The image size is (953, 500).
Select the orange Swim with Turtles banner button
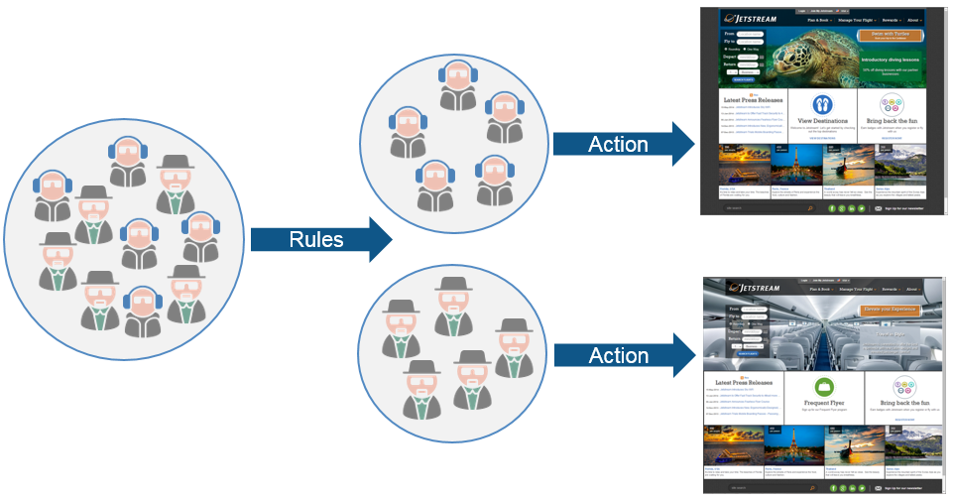click(890, 36)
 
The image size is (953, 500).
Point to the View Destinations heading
click(822, 120)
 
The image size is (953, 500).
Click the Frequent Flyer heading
click(822, 404)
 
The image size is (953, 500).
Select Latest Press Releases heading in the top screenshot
click(759, 100)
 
